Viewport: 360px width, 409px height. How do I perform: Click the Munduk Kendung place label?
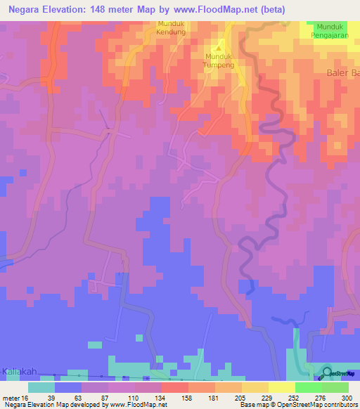171,27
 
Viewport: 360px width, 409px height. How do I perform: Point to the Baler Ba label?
343,73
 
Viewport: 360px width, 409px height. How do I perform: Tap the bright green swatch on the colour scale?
308,387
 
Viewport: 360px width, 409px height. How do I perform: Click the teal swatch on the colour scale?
41,387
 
